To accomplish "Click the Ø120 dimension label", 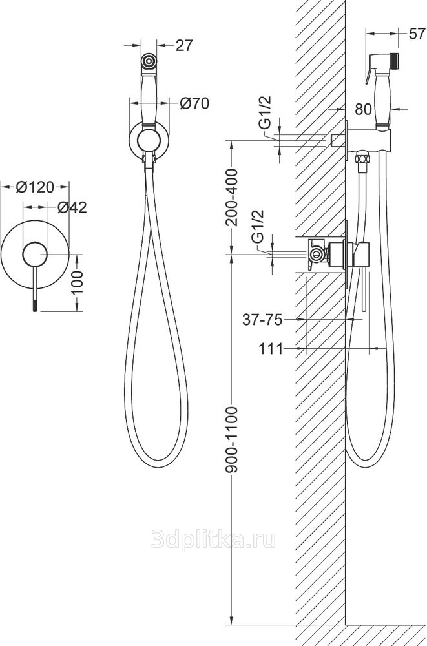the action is (x=35, y=187).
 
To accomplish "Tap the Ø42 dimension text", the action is (x=72, y=207).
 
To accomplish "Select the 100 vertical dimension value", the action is (x=78, y=282).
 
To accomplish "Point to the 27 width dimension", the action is (x=184, y=45).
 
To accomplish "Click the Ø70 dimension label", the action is (x=194, y=103).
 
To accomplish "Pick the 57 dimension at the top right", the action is (x=417, y=34).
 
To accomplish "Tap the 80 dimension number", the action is (x=363, y=109).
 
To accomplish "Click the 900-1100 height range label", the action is (x=232, y=439).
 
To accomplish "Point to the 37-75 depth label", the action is (x=262, y=319).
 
